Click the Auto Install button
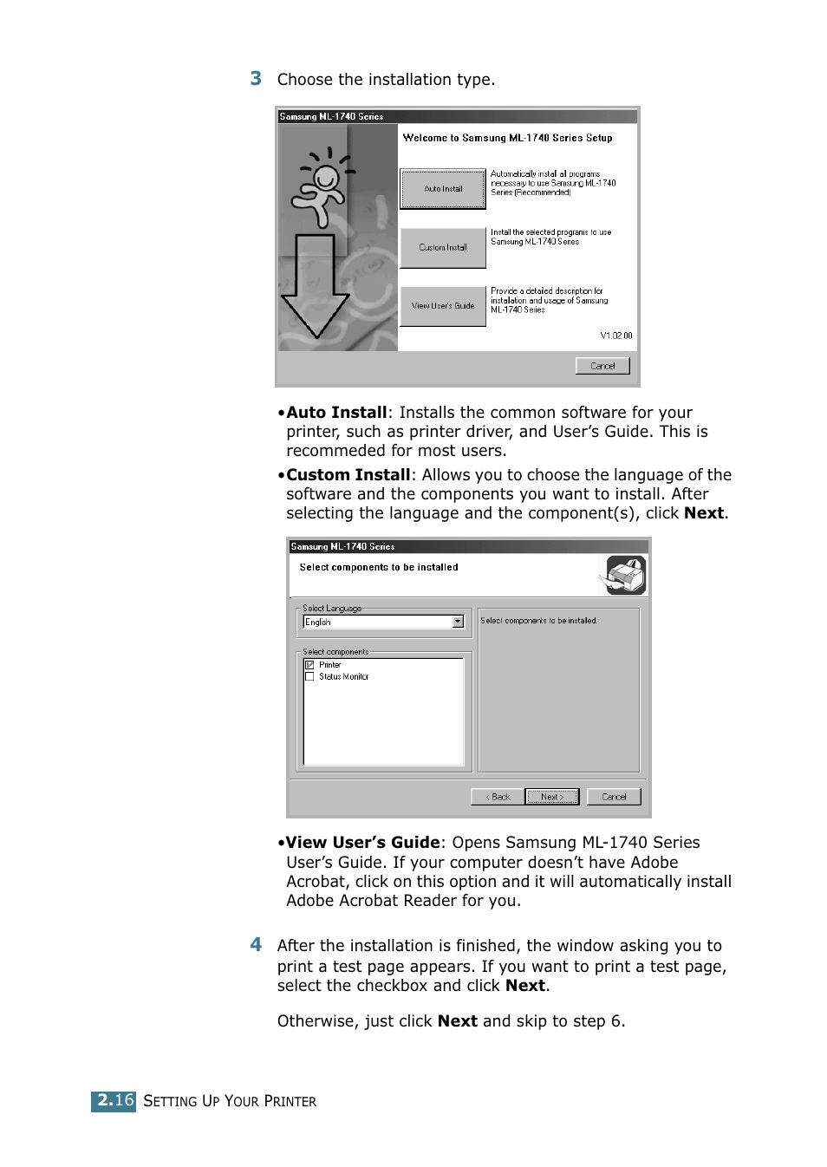pos(443,189)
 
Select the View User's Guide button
pos(443,306)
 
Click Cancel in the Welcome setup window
pos(602,366)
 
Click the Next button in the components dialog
pos(552,797)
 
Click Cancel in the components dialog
pos(614,797)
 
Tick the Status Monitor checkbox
pos(309,676)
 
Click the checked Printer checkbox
pos(309,665)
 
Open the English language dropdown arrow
pos(458,622)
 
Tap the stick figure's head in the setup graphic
pos(327,179)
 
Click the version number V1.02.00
pos(616,336)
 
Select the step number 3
pos(256,79)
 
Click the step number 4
pos(256,945)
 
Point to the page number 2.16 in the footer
pos(114,1100)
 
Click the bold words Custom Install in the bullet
pos(348,475)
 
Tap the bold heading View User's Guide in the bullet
pos(363,843)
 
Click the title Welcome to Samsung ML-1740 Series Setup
pos(507,138)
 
